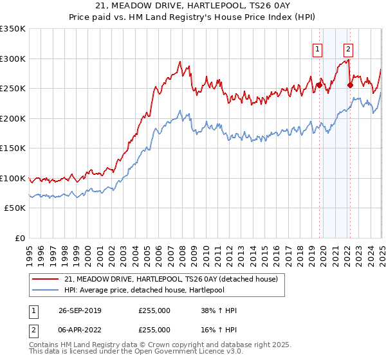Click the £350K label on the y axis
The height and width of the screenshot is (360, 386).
click(x=13, y=29)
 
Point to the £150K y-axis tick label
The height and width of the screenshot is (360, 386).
click(x=13, y=148)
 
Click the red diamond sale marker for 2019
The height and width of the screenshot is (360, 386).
click(x=319, y=85)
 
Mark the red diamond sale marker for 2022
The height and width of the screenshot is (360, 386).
click(x=349, y=85)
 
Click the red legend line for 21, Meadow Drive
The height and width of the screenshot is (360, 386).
click(x=46, y=279)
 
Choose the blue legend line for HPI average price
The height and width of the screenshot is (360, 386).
click(x=46, y=291)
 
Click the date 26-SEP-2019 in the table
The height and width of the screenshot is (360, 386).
click(x=78, y=310)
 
